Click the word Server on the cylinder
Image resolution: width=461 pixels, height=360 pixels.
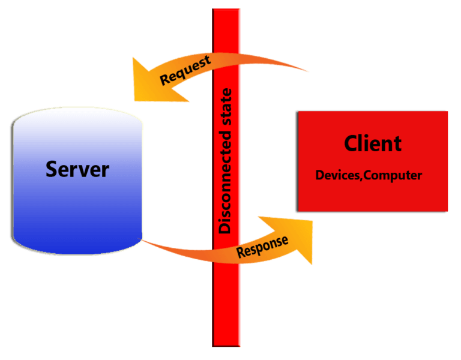point(77,169)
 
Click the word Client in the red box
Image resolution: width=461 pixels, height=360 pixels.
point(372,143)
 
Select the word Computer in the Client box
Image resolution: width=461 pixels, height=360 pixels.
point(393,176)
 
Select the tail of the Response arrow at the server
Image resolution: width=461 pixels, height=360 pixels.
point(148,242)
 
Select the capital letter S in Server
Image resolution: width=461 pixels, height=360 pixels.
point(52,169)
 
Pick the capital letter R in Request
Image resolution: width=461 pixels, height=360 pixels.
point(164,79)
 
